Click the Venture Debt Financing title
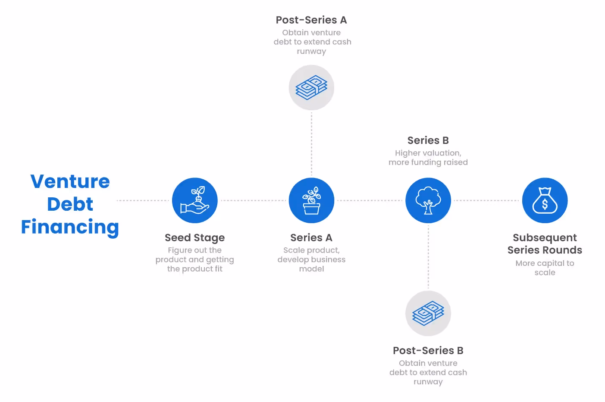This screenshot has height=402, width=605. point(70,204)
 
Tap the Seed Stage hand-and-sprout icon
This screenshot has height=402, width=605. point(195,200)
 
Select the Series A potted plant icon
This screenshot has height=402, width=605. point(311,200)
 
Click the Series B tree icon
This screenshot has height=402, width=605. point(428,200)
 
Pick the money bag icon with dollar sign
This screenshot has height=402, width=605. point(545,200)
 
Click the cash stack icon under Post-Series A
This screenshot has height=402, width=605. point(311,87)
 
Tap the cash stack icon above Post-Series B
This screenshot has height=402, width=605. point(428,313)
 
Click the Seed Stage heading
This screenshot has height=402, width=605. point(195,238)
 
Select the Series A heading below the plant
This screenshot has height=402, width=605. point(311,238)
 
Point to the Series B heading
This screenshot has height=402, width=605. point(428,140)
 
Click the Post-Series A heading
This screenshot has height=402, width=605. point(311,20)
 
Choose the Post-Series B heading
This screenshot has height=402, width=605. point(428,351)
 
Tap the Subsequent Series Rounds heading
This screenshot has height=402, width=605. point(545,244)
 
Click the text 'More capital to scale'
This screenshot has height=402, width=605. point(545,268)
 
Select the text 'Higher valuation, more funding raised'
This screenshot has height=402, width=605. point(428,158)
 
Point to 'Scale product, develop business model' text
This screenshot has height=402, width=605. point(311,259)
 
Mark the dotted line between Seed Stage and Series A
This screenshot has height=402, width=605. point(253,200)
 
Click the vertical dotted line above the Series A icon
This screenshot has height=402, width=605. point(311,144)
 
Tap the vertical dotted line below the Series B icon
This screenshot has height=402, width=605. point(428,257)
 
